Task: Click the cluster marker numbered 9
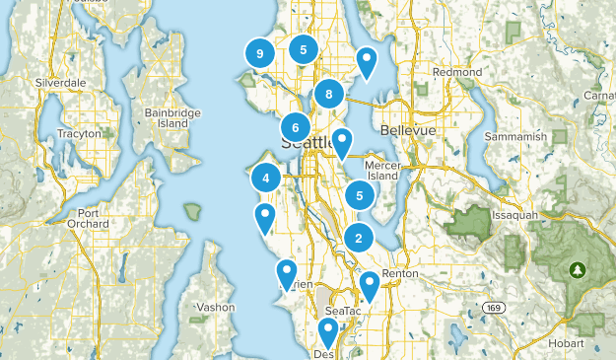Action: click(x=259, y=54)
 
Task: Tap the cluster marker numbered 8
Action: click(x=328, y=95)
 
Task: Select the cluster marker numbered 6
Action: click(x=295, y=127)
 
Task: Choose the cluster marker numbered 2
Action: click(x=359, y=237)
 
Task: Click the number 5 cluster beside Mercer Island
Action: click(x=360, y=195)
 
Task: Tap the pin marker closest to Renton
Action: click(x=370, y=285)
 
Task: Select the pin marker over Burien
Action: click(x=287, y=272)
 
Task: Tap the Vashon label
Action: click(x=215, y=307)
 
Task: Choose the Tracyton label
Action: click(x=80, y=133)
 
